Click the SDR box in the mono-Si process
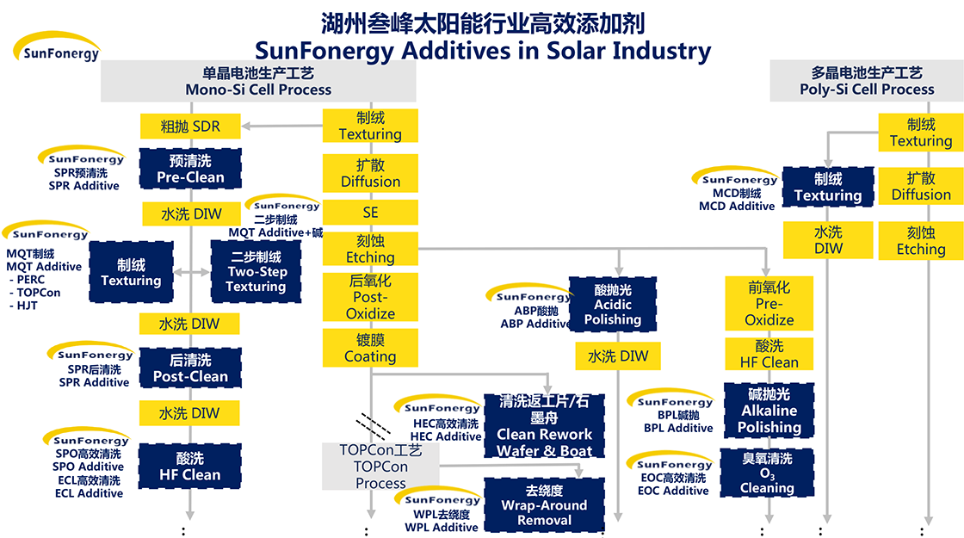coord(190,127)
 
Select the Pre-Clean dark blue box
coord(190,169)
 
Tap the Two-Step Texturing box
coord(256,271)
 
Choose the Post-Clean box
coord(190,368)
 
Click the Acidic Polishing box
coord(613,305)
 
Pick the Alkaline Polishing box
coord(769,411)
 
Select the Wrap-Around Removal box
coord(544,505)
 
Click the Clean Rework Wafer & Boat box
coord(544,425)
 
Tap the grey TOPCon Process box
coord(380,467)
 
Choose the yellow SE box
coord(370,212)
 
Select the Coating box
coord(370,349)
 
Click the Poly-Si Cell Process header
coord(867,81)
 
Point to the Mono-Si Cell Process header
coord(258,81)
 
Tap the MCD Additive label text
coord(737,207)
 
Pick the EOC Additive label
coord(673,491)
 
